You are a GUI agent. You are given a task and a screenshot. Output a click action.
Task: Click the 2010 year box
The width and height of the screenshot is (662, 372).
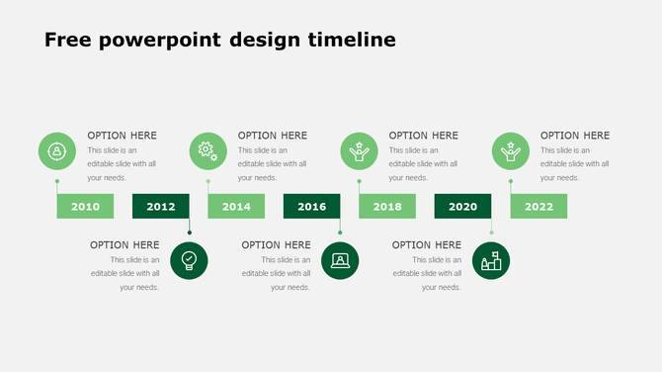tap(85, 207)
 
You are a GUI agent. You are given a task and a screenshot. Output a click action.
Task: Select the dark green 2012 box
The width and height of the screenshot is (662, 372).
tap(161, 207)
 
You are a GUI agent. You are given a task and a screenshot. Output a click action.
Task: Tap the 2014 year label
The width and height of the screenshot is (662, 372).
tap(236, 207)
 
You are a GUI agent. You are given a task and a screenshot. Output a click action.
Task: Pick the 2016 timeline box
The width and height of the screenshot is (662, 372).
tap(311, 207)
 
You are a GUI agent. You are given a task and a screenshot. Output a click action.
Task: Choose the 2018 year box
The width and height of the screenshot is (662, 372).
tap(387, 207)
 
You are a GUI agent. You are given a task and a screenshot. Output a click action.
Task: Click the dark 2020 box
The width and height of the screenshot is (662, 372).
tap(462, 207)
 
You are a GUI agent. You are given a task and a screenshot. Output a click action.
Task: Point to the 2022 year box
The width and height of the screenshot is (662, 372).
tap(538, 207)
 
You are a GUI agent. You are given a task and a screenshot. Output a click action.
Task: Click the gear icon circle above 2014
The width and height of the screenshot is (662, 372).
tap(207, 151)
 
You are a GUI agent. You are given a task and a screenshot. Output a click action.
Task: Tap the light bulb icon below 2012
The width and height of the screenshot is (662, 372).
tap(189, 261)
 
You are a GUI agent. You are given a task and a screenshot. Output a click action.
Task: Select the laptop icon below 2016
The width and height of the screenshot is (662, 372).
tap(340, 261)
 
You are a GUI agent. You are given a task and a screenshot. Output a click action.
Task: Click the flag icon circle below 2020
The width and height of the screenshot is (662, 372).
tap(491, 261)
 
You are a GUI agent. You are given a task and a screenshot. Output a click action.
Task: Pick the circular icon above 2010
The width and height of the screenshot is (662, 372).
tap(57, 151)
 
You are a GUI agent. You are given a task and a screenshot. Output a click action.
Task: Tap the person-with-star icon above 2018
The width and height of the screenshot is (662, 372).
tap(360, 151)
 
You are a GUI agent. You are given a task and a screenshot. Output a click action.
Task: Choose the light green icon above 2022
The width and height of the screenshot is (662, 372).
tap(511, 151)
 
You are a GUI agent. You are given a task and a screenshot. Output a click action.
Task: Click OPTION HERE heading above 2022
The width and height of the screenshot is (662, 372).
tap(575, 136)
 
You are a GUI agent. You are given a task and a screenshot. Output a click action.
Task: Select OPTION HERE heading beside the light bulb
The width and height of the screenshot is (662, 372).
tap(124, 244)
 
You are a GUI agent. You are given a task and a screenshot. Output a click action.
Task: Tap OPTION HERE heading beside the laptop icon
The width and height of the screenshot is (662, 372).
tap(276, 244)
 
